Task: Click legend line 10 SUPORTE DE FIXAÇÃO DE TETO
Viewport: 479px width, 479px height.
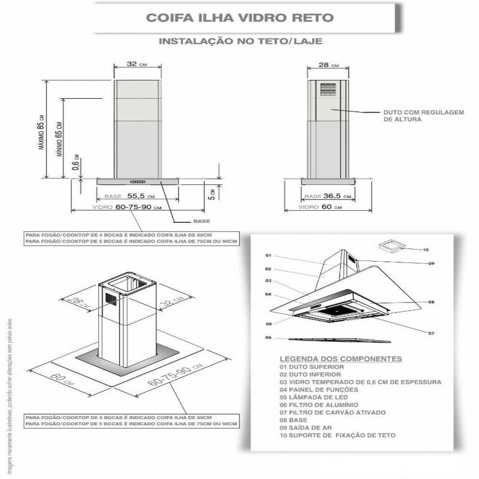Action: (x=337, y=435)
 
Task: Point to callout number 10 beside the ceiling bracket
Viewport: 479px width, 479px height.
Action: (x=426, y=249)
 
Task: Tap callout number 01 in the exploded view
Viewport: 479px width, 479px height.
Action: (x=268, y=256)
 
